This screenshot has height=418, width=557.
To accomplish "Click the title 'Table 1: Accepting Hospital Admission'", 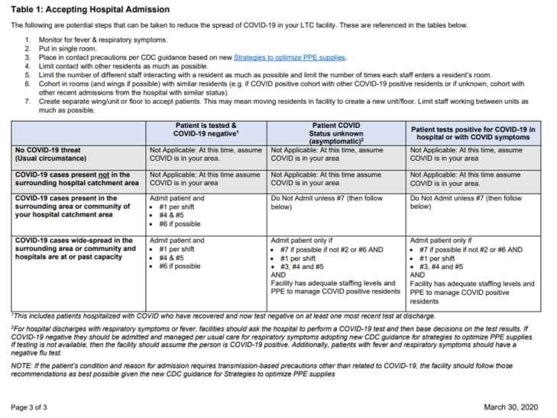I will pyautogui.click(x=91, y=9).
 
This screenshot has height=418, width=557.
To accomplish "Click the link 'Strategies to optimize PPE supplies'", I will pyautogui.click(x=290, y=57).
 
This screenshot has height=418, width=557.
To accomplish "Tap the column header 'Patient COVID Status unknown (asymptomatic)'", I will pyautogui.click(x=336, y=131).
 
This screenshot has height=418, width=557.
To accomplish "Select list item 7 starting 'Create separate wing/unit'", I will pyautogui.click(x=229, y=102).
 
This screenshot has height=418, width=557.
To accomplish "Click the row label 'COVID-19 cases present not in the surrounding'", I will pyautogui.click(x=76, y=178).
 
